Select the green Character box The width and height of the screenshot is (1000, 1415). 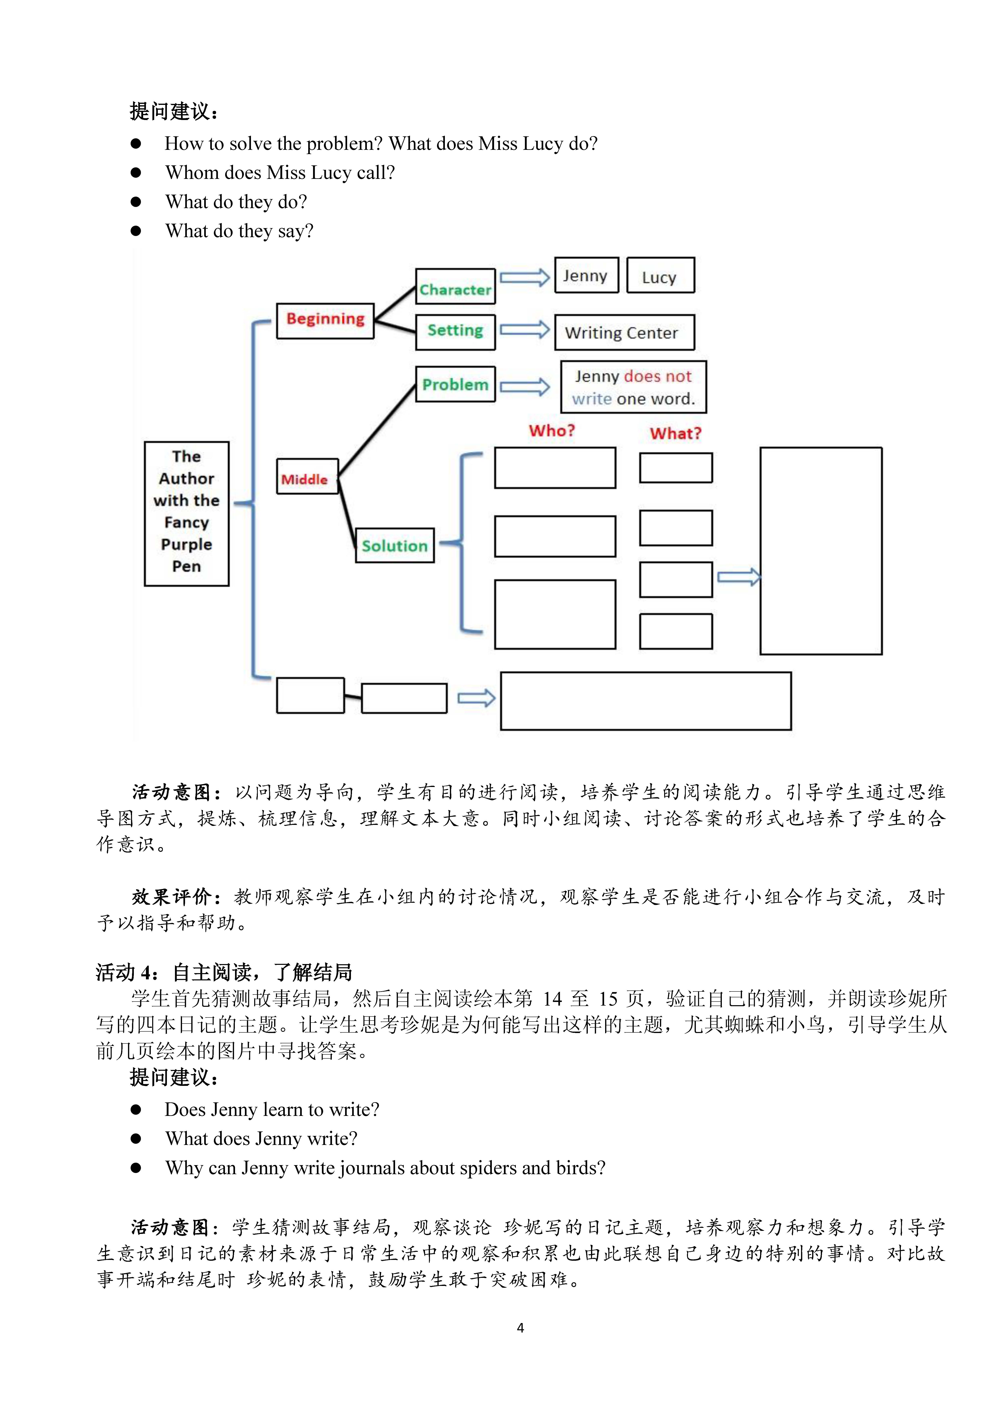455,286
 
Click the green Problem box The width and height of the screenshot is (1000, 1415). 455,384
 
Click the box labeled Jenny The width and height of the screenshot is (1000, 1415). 587,275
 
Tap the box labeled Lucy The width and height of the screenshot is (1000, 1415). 661,275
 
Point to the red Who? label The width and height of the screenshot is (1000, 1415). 552,430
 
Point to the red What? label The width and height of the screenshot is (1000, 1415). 675,433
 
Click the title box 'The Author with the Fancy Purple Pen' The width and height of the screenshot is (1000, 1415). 187,513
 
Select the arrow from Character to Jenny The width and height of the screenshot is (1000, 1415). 524,277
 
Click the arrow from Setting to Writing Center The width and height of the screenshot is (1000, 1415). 524,330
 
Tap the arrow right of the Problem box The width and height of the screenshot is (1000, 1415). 524,386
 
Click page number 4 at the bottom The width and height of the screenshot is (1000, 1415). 521,1327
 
